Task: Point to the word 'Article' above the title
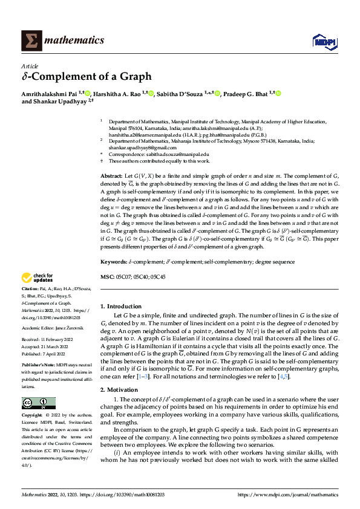30,66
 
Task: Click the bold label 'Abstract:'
111,175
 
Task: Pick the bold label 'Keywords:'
113,262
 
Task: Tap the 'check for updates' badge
37,278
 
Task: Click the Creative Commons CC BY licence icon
38,386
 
